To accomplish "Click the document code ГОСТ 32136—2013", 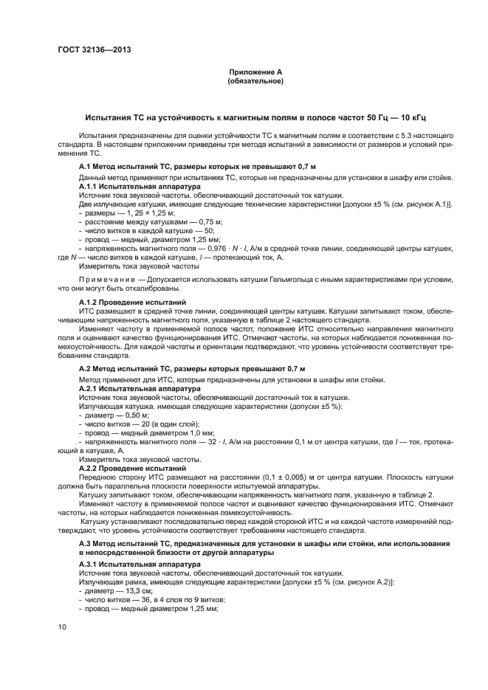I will click(91, 50).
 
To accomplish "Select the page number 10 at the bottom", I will click(63, 627).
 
